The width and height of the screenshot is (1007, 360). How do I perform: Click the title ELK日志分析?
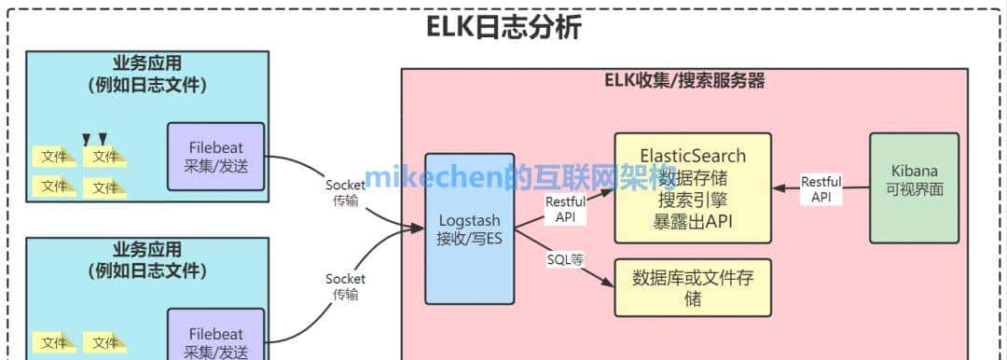point(504,27)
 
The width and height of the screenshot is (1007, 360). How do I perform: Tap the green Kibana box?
point(915,188)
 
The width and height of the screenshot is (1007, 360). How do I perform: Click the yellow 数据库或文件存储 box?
point(693,287)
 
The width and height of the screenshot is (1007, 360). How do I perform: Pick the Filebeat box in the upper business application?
point(216,157)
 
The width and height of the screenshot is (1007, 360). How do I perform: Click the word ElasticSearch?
point(693,152)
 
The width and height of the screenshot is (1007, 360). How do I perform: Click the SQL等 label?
point(564,259)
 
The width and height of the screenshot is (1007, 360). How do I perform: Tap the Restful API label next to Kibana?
point(821,189)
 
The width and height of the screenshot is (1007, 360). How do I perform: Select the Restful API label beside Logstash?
point(565,209)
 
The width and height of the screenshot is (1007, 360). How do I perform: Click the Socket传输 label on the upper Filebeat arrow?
point(345,192)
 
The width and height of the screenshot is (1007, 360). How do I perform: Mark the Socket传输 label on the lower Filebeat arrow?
point(345,285)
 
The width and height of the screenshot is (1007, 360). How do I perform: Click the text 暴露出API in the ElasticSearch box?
point(693,222)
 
